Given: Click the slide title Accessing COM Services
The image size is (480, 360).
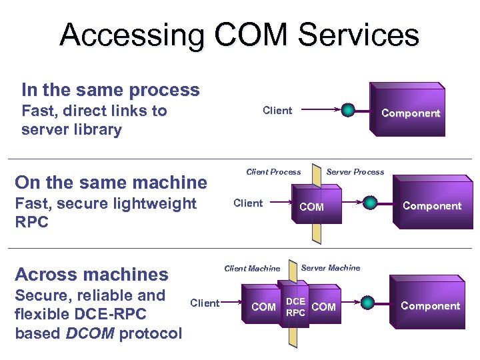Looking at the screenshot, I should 239,35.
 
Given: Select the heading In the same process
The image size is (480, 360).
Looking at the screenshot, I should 110,90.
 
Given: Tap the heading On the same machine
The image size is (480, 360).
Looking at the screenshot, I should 111,182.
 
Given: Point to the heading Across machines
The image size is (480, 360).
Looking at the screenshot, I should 91,274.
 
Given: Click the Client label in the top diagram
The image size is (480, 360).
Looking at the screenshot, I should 277,111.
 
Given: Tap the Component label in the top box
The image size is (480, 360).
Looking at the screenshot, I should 410,113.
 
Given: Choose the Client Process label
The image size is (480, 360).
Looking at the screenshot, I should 273,172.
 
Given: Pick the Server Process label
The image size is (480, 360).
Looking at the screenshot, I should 355,172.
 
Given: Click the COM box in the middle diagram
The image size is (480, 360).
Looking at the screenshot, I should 311,207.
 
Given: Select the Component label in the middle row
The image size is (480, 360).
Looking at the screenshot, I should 431,206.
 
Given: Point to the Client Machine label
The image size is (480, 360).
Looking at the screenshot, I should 252,269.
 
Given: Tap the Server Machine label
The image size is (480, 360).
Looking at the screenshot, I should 330,268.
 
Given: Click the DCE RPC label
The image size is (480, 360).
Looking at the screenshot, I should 295,307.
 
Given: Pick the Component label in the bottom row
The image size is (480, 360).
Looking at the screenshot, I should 430,306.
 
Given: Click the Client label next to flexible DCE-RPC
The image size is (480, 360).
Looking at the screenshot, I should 205,303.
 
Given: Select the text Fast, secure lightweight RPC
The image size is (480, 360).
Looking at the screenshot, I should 105,212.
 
